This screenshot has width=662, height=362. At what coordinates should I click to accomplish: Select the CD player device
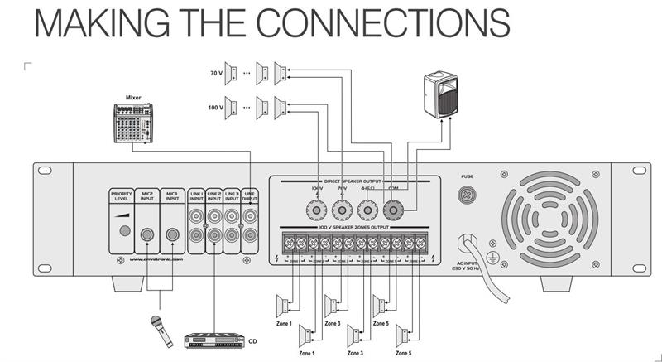214,340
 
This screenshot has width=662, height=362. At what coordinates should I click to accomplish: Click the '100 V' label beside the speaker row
216,108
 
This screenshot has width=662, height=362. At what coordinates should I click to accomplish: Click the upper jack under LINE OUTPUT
249,218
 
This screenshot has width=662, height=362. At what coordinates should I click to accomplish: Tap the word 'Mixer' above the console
132,98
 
